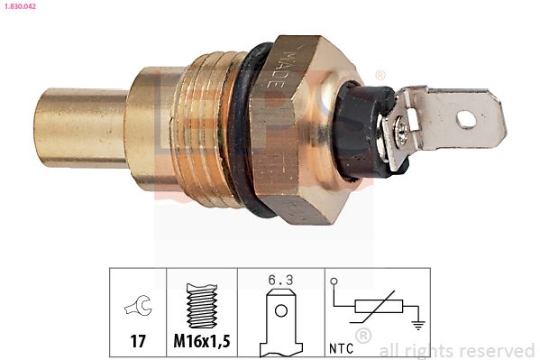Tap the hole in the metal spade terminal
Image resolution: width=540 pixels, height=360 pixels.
(466, 117)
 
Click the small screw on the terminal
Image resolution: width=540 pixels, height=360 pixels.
(400, 133)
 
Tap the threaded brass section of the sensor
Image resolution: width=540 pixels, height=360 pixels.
(213, 126)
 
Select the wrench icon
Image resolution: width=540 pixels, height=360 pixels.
(138, 308)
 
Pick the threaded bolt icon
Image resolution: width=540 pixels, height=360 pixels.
(201, 307)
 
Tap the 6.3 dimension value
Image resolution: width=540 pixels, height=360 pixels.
(280, 279)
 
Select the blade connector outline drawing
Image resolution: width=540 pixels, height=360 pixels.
(280, 321)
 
